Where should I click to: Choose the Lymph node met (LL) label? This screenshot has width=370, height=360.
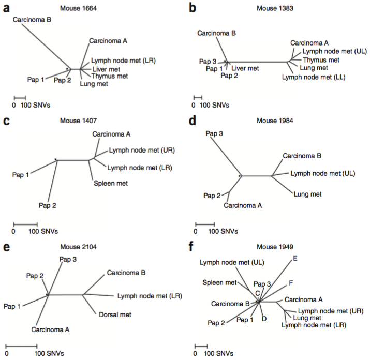[314, 77]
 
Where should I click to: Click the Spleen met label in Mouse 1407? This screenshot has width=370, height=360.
[110, 183]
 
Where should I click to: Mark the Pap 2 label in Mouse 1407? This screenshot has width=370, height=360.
[47, 205]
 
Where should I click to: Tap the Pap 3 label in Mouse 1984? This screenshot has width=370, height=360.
[214, 134]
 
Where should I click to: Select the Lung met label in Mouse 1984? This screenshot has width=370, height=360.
[307, 194]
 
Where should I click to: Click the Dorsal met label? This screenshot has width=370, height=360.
[114, 314]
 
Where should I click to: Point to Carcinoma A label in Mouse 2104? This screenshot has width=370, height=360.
[50, 328]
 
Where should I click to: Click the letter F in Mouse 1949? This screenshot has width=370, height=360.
[291, 283]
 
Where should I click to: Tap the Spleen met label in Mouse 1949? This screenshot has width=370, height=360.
[219, 283]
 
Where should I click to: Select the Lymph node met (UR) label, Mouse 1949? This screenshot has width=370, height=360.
[330, 310]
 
